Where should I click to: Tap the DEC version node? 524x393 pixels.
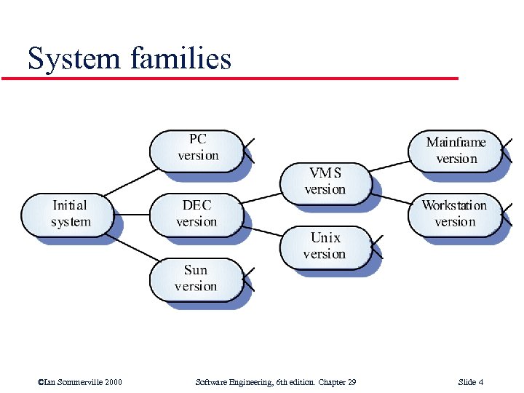[x=196, y=214]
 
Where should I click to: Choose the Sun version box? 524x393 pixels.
[x=196, y=279]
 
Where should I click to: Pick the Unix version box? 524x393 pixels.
[x=325, y=246]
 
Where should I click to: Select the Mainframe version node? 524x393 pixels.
[x=456, y=151]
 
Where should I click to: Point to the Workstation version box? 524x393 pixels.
[x=456, y=214]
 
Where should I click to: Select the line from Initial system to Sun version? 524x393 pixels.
[x=135, y=247]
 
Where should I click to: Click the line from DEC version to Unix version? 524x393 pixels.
[x=262, y=229]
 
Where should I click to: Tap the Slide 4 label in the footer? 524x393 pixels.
[x=471, y=382]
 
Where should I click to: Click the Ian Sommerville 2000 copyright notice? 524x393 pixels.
[x=79, y=382]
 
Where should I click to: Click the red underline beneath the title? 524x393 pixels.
[x=233, y=78]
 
